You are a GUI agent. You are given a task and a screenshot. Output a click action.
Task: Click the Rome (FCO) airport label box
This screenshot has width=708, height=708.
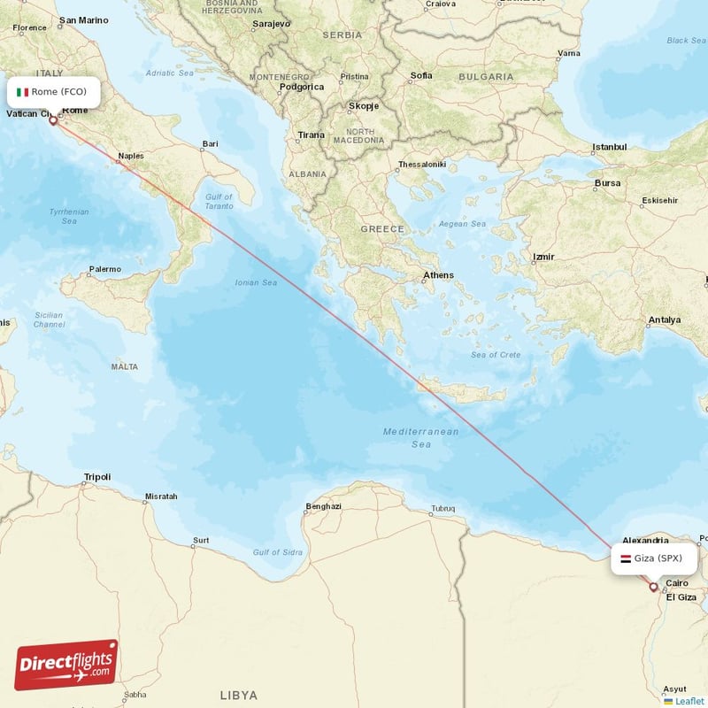click(x=54, y=92)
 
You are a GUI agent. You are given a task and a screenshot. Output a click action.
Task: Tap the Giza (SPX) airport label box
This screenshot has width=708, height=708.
click(x=654, y=558)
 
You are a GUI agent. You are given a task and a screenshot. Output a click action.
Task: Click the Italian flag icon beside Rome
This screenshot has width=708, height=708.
click(x=23, y=92)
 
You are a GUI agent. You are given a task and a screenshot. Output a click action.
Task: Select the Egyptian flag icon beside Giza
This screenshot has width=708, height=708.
click(x=626, y=558)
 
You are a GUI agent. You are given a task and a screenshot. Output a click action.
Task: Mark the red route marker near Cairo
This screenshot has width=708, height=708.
click(x=654, y=586)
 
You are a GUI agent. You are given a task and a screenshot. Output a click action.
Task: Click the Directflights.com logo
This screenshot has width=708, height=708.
click(x=66, y=665)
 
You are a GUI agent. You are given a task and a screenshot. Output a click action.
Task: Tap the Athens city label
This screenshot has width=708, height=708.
click(x=438, y=275)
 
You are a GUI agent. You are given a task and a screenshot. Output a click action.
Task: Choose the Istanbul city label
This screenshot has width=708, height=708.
click(x=609, y=147)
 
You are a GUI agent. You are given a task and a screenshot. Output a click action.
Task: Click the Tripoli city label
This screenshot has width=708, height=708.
click(x=96, y=477)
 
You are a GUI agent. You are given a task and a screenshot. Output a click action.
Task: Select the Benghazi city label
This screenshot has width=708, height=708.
click(x=323, y=506)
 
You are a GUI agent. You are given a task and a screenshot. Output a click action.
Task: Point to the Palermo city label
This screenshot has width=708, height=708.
click(x=104, y=268)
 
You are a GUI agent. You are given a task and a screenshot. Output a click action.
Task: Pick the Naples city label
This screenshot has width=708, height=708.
click(x=131, y=156)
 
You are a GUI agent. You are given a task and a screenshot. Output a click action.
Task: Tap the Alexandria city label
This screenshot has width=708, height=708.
click(x=645, y=540)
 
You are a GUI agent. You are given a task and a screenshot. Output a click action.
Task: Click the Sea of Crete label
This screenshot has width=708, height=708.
click(x=496, y=355)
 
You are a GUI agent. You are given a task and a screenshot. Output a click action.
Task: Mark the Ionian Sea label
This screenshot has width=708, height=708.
click(x=256, y=283)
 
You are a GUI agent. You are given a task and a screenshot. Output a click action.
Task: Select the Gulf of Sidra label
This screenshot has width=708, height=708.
click(x=278, y=552)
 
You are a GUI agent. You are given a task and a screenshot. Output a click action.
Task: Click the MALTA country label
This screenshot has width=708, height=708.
click(x=125, y=366)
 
